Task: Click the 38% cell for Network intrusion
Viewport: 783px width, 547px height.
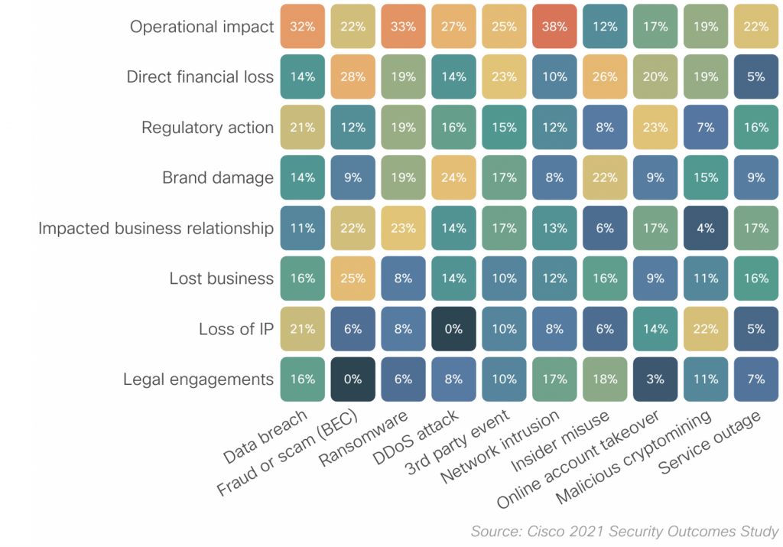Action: click(x=554, y=27)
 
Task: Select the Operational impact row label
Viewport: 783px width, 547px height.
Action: click(x=202, y=27)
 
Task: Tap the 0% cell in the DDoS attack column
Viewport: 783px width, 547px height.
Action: click(x=453, y=329)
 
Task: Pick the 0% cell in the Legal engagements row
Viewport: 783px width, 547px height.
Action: click(x=353, y=379)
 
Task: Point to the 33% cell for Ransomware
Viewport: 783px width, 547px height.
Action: click(x=403, y=27)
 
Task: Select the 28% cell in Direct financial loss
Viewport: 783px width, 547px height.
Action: click(x=353, y=77)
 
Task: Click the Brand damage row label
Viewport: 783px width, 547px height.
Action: click(x=218, y=178)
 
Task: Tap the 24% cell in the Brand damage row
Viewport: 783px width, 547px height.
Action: click(x=453, y=178)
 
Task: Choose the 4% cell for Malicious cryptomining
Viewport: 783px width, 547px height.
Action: click(x=705, y=228)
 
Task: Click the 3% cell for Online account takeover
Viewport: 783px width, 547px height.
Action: click(x=655, y=379)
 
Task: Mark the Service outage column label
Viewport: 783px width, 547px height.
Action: click(x=711, y=443)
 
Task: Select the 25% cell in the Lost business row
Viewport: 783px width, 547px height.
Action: click(x=353, y=278)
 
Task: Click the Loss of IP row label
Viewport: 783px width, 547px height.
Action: click(x=236, y=329)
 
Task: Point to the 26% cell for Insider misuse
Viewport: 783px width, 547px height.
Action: click(x=604, y=77)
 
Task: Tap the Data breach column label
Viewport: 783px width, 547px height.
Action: click(x=266, y=437)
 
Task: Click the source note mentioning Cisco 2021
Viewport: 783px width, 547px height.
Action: click(x=624, y=531)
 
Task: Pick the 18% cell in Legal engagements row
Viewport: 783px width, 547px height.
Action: click(x=604, y=379)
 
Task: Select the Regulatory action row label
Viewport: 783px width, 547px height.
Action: click(x=207, y=128)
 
